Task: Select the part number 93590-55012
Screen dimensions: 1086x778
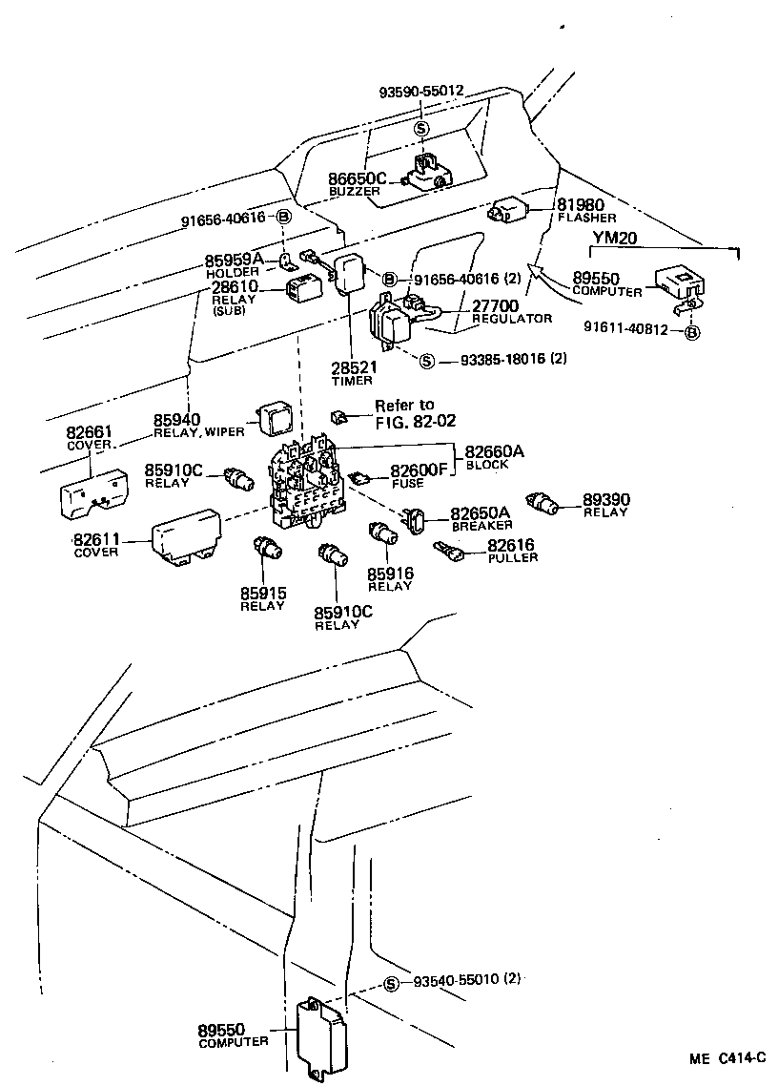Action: (x=420, y=92)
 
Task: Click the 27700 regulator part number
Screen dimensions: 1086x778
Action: (x=495, y=305)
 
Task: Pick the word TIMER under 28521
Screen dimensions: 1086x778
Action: (x=352, y=381)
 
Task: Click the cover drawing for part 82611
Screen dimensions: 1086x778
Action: (x=187, y=537)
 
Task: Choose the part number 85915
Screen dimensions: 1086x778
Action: (x=262, y=593)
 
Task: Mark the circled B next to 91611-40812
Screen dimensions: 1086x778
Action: (x=692, y=333)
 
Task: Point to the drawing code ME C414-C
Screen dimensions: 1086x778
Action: (x=728, y=1057)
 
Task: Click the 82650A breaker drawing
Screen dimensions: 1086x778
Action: (x=417, y=521)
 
